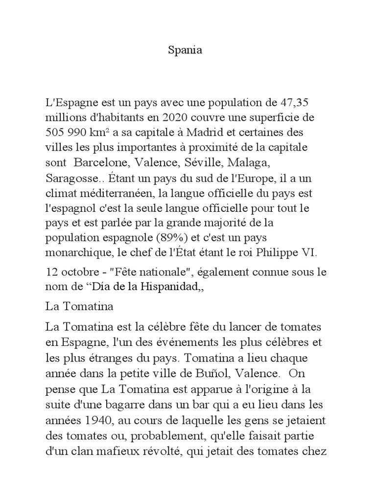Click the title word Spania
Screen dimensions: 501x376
click(x=185, y=51)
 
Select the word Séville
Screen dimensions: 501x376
click(x=198, y=161)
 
